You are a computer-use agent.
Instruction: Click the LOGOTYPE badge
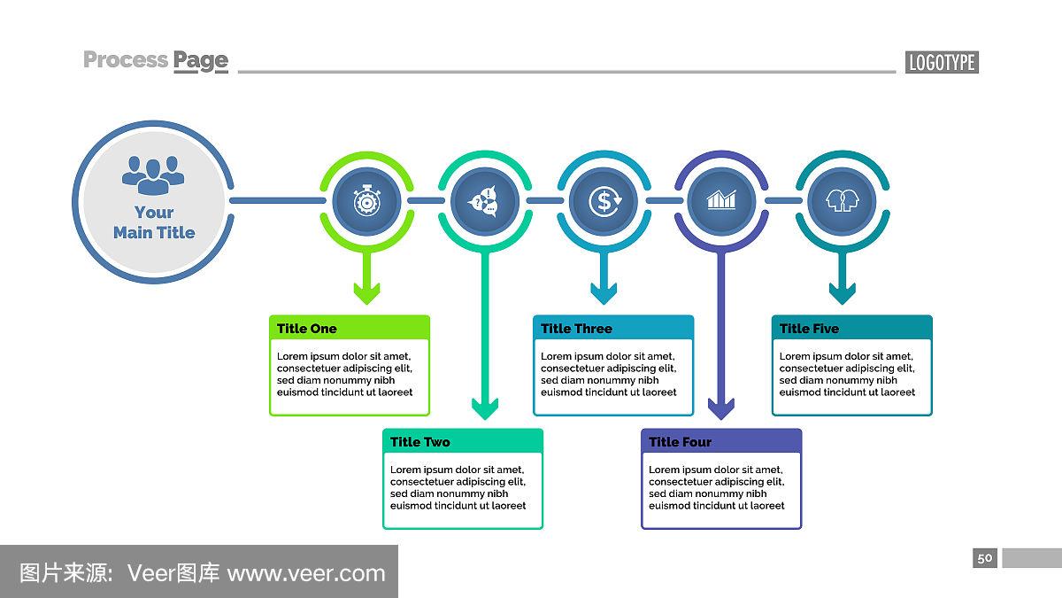[942, 62]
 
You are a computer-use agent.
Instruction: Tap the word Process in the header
[125, 60]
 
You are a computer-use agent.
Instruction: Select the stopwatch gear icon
[366, 201]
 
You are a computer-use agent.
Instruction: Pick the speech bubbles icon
[485, 201]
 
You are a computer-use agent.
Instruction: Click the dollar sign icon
[604, 201]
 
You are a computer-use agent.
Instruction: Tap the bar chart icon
[721, 201]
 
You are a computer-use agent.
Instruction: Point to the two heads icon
[841, 201]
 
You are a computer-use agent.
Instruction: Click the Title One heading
[307, 329]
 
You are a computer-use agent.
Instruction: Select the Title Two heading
[420, 442]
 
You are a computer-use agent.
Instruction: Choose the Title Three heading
[576, 329]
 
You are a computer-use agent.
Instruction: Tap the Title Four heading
[680, 442]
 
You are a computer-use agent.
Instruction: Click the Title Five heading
[809, 329]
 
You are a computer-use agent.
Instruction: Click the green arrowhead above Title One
[366, 292]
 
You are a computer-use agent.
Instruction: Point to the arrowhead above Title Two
[485, 408]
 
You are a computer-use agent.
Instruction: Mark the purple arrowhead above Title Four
[721, 408]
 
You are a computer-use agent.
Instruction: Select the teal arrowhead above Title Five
[842, 292]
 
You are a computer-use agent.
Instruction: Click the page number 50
[985, 558]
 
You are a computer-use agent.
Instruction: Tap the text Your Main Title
[154, 222]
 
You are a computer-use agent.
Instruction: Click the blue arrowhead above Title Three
[604, 292]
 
